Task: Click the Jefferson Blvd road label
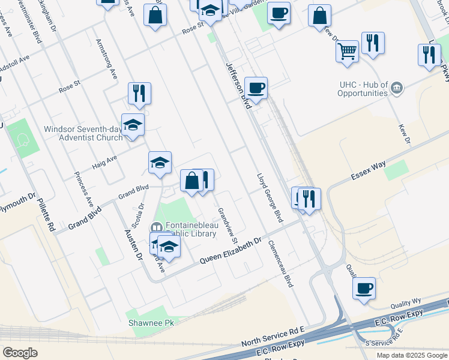click(237, 86)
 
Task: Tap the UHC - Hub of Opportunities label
click(354, 89)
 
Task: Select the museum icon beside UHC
click(396, 89)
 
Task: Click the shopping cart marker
click(347, 52)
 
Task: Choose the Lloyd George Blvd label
click(270, 199)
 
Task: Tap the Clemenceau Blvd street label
click(282, 263)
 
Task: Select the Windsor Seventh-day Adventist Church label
click(83, 133)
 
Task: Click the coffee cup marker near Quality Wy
click(364, 288)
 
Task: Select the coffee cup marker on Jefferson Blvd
click(256, 88)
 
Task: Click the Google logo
click(20, 353)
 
